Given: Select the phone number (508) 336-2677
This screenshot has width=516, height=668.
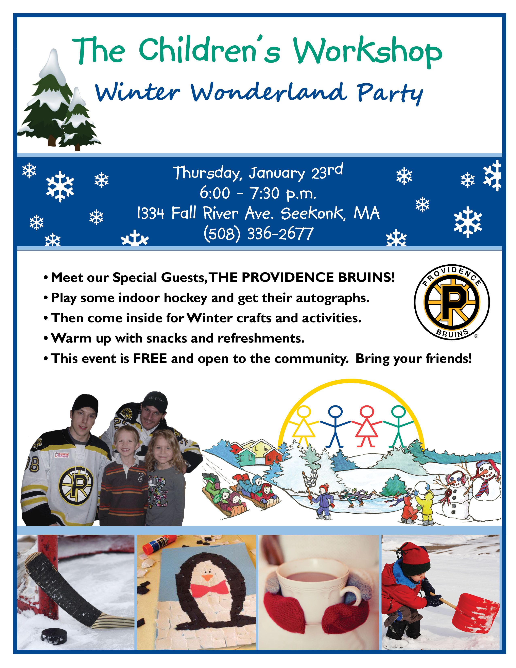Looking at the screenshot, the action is (x=259, y=234).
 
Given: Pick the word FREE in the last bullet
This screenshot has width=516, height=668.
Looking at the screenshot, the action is (x=150, y=358).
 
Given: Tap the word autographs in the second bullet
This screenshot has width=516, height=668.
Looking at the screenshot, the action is (x=332, y=298).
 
